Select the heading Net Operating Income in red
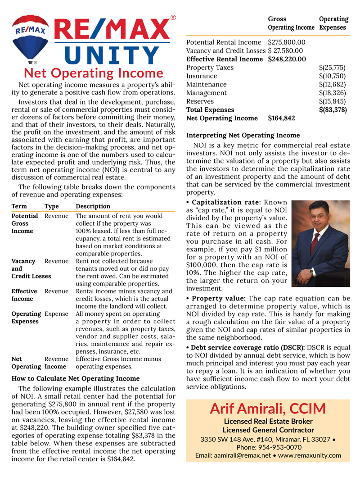(93, 73)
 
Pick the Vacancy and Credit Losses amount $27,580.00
(286, 51)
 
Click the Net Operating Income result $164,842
(281, 118)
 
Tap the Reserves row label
(200, 101)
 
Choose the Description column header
(93, 206)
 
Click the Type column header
(52, 206)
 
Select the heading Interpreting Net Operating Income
(243, 135)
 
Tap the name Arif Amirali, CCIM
(268, 409)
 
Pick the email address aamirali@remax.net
(230, 455)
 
